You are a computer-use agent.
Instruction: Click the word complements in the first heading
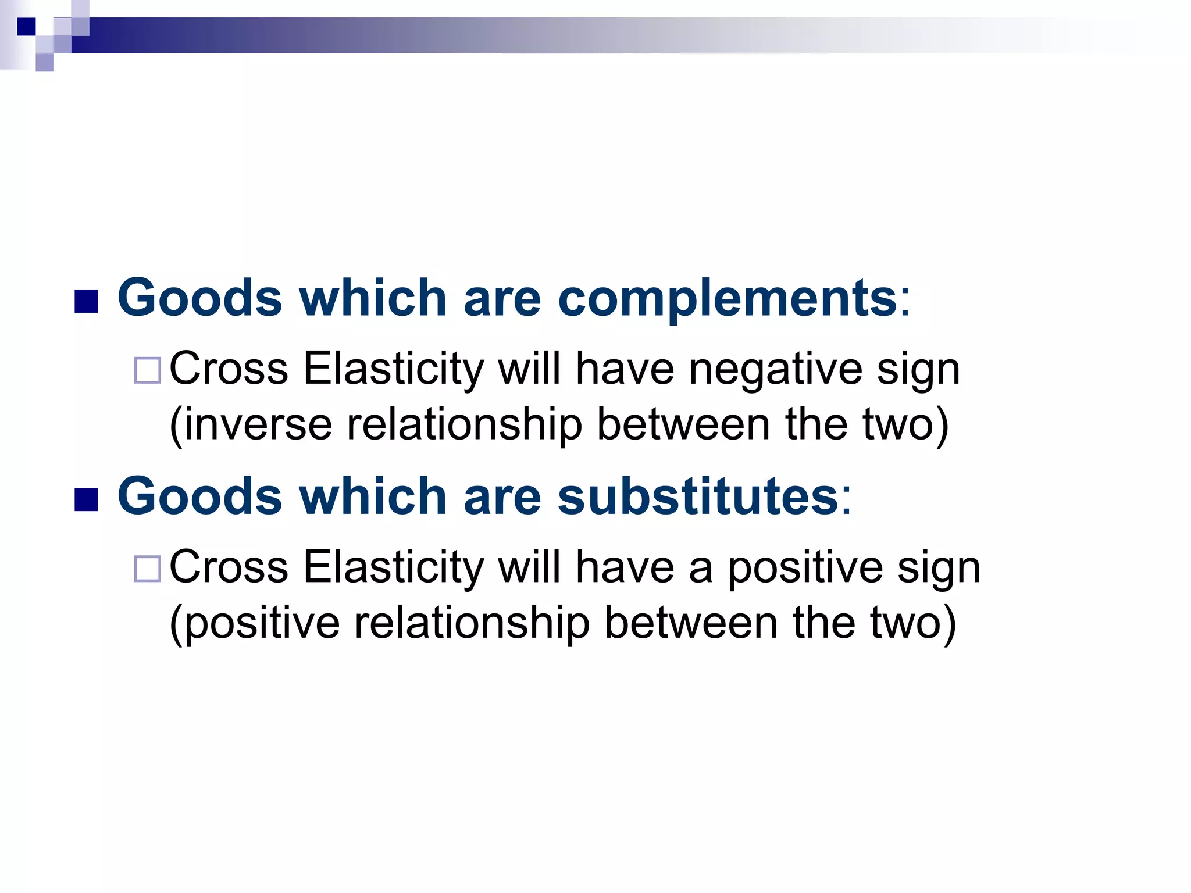tap(727, 298)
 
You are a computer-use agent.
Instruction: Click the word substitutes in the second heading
tap(698, 496)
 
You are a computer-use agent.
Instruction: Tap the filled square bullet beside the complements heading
tap(86, 301)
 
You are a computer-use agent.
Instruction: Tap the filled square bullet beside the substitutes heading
tap(86, 499)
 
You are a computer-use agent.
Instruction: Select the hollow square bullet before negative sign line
tap(147, 370)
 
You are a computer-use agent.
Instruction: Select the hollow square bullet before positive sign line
tap(147, 569)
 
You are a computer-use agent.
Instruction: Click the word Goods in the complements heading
tap(200, 298)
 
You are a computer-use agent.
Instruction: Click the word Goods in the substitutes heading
tap(200, 496)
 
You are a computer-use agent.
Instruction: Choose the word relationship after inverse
tap(464, 425)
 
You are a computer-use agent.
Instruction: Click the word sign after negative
tap(918, 370)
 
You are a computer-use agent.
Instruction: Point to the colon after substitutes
tap(846, 499)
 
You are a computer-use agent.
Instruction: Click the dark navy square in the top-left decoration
tap(26, 27)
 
